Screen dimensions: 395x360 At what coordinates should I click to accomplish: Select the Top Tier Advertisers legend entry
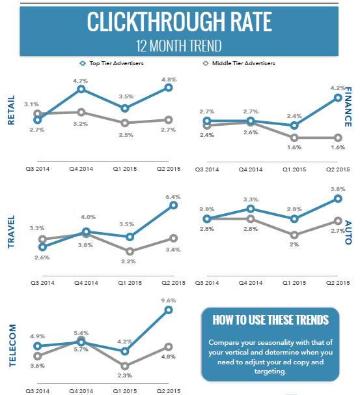click(115, 64)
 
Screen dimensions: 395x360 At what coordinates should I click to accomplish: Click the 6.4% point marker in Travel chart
click(173, 205)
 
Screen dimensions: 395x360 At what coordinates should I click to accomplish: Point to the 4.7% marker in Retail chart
click(81, 89)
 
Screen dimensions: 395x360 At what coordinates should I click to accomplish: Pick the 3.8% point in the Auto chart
click(338, 198)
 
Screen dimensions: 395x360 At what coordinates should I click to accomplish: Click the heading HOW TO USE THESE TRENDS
click(270, 320)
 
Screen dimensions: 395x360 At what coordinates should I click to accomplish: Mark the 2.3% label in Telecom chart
click(125, 375)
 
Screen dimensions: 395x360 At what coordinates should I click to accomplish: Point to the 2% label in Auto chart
click(295, 244)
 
